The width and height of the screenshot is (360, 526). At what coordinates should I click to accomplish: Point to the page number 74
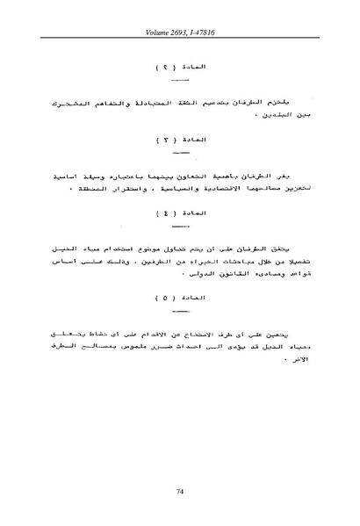179,494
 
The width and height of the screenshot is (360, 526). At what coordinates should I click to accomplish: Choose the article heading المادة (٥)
179,296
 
